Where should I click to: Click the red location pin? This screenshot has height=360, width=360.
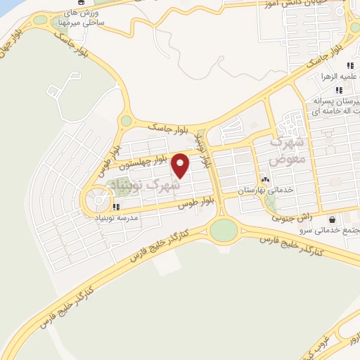click(x=181, y=166)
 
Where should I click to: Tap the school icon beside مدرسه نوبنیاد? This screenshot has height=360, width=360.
click(x=116, y=207)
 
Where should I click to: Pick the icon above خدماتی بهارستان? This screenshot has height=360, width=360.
click(x=265, y=179)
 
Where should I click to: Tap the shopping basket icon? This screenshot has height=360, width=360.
click(x=331, y=219)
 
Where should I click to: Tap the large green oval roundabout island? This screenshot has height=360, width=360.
click(x=224, y=229)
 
